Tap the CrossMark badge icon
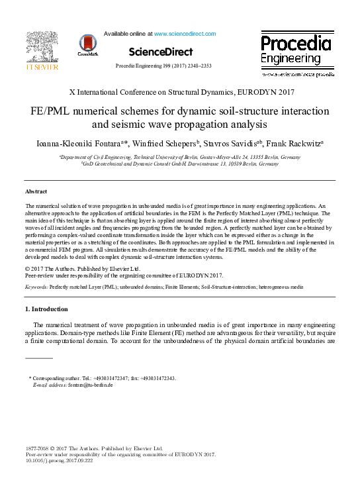(87, 45)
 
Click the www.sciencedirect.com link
(185, 33)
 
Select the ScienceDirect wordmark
(161, 52)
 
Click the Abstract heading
(36, 191)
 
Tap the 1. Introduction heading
(46, 309)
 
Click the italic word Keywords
(36, 288)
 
